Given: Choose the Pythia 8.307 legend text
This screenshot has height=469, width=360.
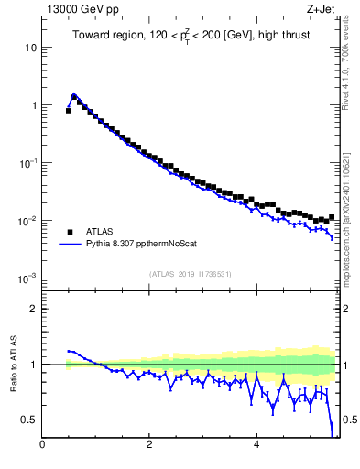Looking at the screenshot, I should click(x=139, y=245).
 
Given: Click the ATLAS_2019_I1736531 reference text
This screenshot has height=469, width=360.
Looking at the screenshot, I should click(x=189, y=274).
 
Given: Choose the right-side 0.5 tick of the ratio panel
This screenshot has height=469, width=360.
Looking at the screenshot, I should click(x=348, y=420).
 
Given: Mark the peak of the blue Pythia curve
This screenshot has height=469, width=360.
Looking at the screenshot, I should click(x=73, y=94).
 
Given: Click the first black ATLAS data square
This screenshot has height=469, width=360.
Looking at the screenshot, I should click(x=68, y=111).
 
